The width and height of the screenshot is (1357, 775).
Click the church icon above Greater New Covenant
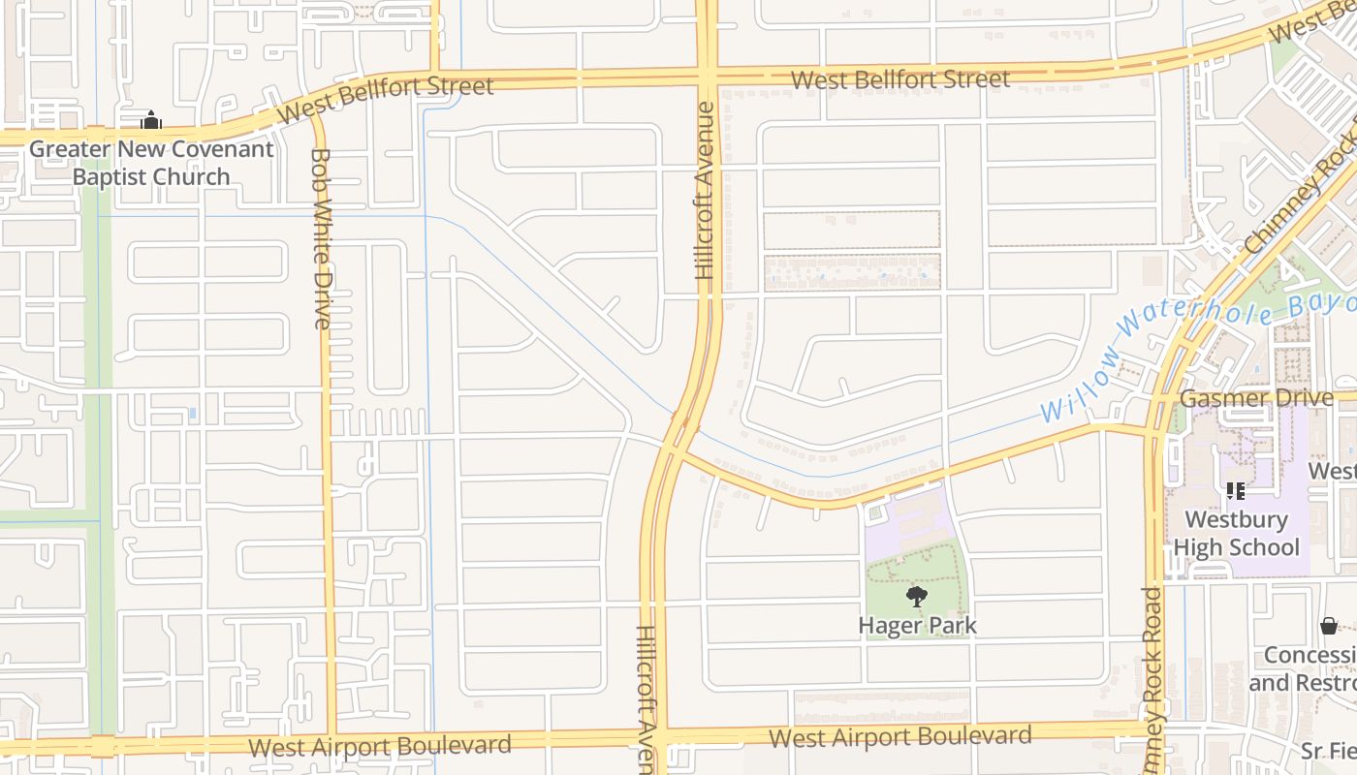[x=150, y=121]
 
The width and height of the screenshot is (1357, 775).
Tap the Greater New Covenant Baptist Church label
[x=151, y=163]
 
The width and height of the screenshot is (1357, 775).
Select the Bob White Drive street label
[x=322, y=238]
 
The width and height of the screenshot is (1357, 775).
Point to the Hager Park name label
[x=917, y=626]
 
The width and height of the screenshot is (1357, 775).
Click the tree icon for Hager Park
[x=916, y=596]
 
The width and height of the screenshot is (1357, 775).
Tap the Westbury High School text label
[x=1236, y=533]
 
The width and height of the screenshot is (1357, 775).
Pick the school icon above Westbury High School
[x=1235, y=491]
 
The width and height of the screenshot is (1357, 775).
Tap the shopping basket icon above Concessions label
[x=1329, y=626]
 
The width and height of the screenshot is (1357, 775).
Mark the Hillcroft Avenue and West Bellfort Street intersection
[x=706, y=75]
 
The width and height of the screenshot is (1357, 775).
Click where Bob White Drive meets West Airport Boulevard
[x=331, y=744]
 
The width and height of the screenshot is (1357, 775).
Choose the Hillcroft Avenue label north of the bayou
[x=705, y=191]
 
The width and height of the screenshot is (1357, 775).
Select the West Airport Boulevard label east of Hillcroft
[x=899, y=736]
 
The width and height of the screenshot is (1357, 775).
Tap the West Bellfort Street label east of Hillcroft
[x=900, y=79]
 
